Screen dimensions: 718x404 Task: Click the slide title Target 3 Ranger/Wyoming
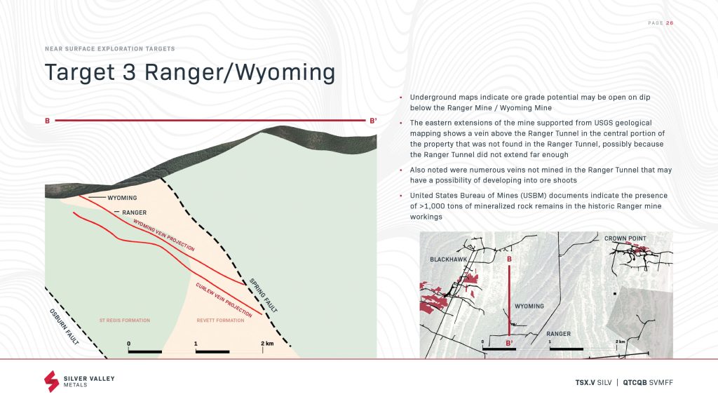pos(190,73)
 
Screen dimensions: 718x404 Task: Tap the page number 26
pos(670,23)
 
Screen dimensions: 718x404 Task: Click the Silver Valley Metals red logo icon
pos(51,381)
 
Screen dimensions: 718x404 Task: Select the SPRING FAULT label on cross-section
pos(264,295)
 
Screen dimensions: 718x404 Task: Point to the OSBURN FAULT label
pos(64,327)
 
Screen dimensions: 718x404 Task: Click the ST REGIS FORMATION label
pos(125,320)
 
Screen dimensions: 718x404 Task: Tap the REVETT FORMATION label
pos(220,320)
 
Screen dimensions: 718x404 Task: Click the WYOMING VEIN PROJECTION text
pos(164,235)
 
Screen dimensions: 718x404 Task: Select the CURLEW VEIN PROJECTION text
pos(224,300)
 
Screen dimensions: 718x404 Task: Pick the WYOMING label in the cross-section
pos(122,198)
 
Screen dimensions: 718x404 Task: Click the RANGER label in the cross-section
pos(134,213)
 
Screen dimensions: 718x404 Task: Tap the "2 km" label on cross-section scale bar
pos(267,343)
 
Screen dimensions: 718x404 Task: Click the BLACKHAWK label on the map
pos(448,260)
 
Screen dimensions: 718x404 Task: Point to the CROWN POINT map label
pos(625,238)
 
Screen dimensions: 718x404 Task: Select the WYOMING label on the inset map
pos(529,306)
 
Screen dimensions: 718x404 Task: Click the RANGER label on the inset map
pos(559,333)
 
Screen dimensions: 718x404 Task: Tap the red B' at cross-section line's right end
pos(373,121)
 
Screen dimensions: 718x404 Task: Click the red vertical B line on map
pos(509,300)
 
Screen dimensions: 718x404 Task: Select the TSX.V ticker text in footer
pos(585,382)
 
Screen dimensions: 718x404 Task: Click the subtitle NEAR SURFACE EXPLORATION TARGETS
pos(110,48)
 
